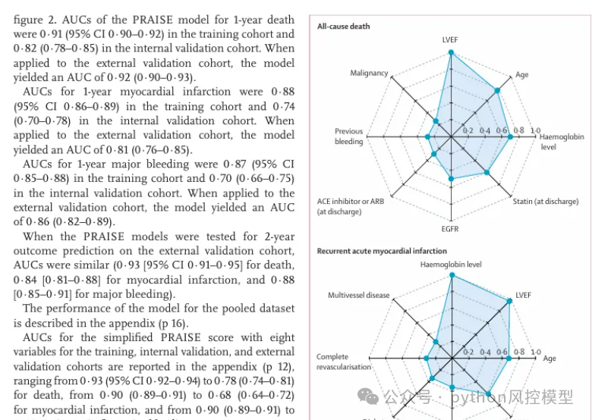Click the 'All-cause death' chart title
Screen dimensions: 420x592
[343, 27]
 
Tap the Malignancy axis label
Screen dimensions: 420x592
[369, 74]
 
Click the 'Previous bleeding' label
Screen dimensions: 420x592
[349, 136]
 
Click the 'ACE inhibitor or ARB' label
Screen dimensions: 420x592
[351, 201]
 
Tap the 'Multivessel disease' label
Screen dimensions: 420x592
[358, 295]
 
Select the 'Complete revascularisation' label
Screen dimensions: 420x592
[344, 361]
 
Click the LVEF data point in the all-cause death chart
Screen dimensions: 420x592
[451, 53]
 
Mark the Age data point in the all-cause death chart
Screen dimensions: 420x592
[498, 90]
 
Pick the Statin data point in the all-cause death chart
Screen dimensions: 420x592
[486, 172]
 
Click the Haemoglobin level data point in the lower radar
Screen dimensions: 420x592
[452, 277]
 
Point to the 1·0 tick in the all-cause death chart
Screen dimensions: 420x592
[535, 130]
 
